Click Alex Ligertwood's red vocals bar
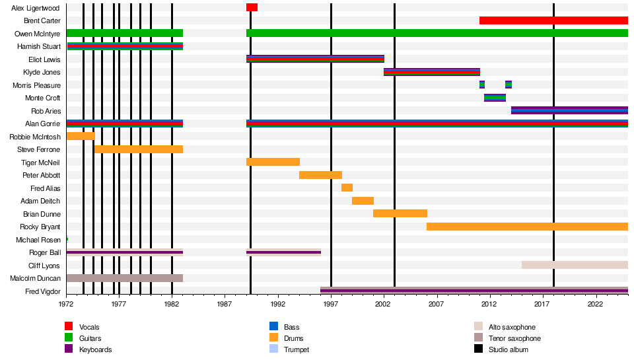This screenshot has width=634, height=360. tap(252, 8)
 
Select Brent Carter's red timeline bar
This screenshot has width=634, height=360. tap(553, 20)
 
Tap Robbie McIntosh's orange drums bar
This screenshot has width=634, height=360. tap(81, 136)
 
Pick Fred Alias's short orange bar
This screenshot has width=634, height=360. tap(347, 188)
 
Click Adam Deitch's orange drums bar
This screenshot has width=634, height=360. tap(363, 201)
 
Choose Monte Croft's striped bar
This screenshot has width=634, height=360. tap(495, 98)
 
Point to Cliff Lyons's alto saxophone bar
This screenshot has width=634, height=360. tap(575, 266)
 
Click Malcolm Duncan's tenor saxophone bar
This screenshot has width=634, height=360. tap(125, 278)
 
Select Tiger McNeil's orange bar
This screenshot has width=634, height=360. tap(273, 162)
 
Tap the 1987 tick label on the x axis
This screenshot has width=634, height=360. tap(225, 304)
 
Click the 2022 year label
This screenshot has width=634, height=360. tap(595, 304)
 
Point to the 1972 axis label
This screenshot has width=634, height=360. tap(66, 304)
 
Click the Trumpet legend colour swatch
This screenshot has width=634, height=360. tap(273, 349)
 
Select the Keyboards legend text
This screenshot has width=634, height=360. tap(95, 349)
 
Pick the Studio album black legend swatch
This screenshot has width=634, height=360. tap(478, 349)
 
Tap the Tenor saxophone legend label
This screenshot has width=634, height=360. tap(514, 338)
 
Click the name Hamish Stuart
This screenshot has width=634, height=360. tap(39, 46)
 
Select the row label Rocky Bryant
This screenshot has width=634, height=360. tap(40, 227)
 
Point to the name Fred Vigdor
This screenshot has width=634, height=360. tap(43, 291)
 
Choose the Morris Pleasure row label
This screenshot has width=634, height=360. tap(36, 85)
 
